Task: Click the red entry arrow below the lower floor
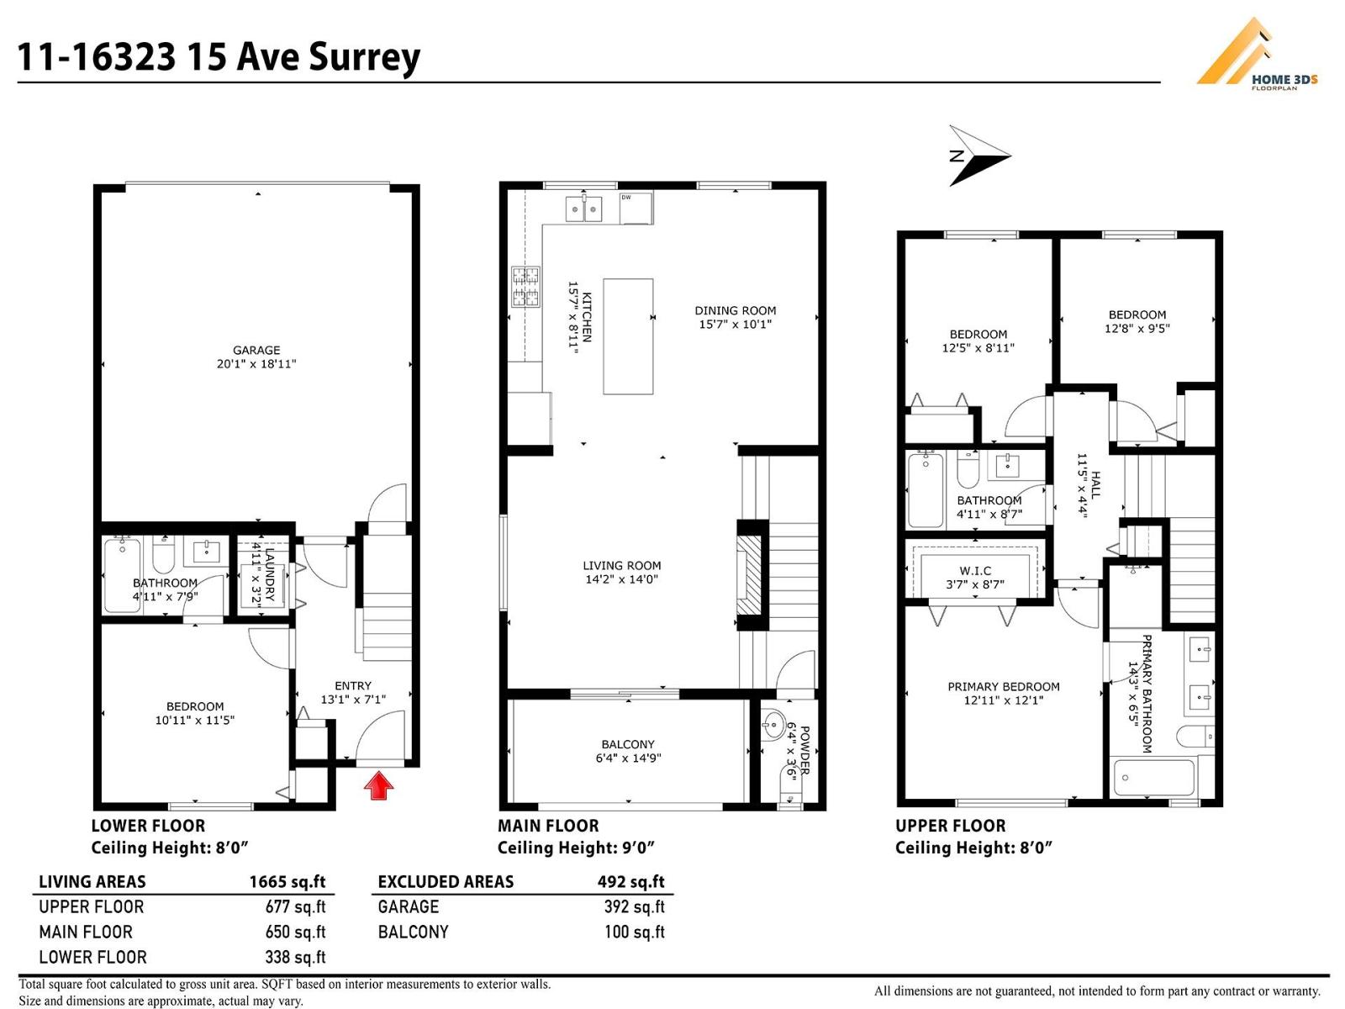[x=379, y=786]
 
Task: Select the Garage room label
[x=256, y=351]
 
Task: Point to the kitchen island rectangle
[x=628, y=336]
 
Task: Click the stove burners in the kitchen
[x=525, y=287]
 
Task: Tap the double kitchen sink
[x=583, y=208]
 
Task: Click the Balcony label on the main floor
[x=628, y=744]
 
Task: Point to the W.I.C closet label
[x=975, y=571]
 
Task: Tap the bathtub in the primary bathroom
[x=1152, y=779]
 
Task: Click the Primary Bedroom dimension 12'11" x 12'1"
[x=1004, y=700]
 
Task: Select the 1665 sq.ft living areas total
[x=287, y=882]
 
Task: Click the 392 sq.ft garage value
[x=634, y=906]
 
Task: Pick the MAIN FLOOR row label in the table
[x=86, y=932]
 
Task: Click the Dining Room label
[x=735, y=310]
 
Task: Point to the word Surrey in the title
[x=365, y=57]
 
